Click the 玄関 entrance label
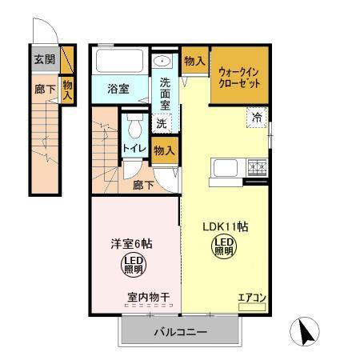pos(43,59)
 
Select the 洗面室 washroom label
pos(165,93)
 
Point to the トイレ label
pos(134,149)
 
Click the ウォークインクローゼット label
pos(239,77)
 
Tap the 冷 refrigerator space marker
pos(258,117)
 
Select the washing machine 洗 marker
pos(162,123)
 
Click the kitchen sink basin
pos(224,169)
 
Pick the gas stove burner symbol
pos(258,168)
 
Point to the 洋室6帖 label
pos(131,243)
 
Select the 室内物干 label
pos(149,298)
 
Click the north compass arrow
pos(307,330)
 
